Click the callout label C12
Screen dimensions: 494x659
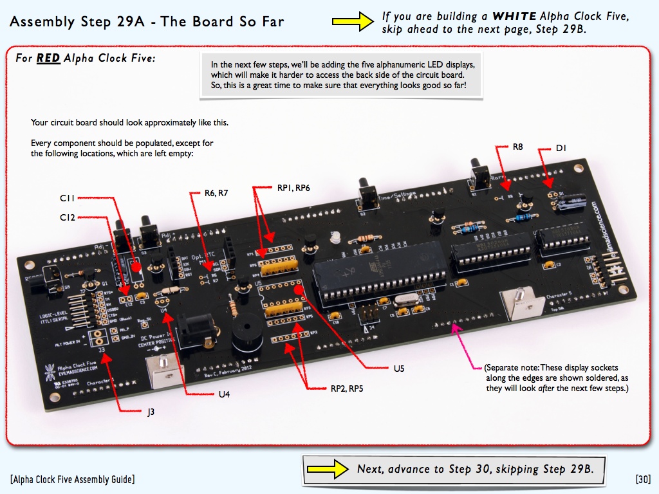coord(68,218)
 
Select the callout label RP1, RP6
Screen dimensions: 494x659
coord(293,188)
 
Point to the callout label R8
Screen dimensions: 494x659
coord(517,147)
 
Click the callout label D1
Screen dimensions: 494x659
coord(561,149)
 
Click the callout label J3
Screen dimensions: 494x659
coord(151,411)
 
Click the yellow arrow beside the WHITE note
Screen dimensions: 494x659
coord(353,21)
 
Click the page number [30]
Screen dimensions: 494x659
coord(643,479)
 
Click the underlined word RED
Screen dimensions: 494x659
coord(48,58)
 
